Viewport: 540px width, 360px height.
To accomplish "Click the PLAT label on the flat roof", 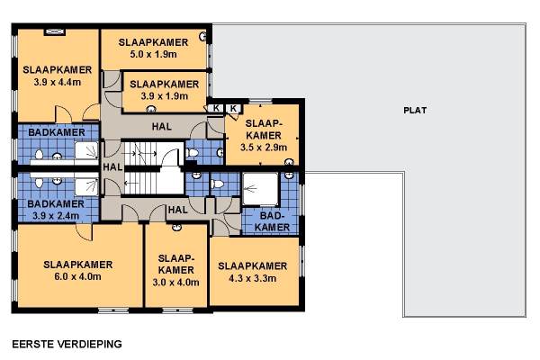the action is pyautogui.click(x=415, y=110).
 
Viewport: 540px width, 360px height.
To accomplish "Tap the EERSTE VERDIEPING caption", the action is pyautogui.click(x=67, y=344).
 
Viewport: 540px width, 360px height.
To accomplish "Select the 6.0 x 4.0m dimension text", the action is pyautogui.click(x=77, y=276).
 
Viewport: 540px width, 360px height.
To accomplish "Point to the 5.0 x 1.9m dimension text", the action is pyautogui.click(x=154, y=54).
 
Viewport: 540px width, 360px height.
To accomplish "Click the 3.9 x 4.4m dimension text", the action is pyautogui.click(x=58, y=82).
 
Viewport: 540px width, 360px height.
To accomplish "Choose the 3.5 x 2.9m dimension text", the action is pyautogui.click(x=264, y=148).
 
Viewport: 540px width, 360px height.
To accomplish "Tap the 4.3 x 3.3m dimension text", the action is pyautogui.click(x=252, y=278).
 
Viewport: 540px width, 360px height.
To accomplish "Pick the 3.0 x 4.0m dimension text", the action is pyautogui.click(x=176, y=282).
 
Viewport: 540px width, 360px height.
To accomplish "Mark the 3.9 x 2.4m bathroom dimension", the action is pyautogui.click(x=56, y=216).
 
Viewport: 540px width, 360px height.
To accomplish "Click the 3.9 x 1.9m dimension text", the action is pyautogui.click(x=165, y=96).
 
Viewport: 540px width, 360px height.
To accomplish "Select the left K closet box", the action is pyautogui.click(x=216, y=108).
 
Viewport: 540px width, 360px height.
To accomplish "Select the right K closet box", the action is pyautogui.click(x=233, y=108).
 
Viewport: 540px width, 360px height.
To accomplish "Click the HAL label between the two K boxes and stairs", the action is pyautogui.click(x=161, y=126).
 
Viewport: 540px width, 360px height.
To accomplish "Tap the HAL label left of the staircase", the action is pyautogui.click(x=112, y=167).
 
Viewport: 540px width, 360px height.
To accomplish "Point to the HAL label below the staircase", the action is pyautogui.click(x=177, y=210).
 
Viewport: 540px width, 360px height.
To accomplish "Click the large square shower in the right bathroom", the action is pyautogui.click(x=260, y=189).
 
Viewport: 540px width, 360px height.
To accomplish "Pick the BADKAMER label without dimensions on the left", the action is pyautogui.click(x=57, y=132).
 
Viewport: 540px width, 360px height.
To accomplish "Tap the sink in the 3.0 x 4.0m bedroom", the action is pyautogui.click(x=176, y=227).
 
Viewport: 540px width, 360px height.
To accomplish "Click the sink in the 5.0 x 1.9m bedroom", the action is pyautogui.click(x=202, y=36).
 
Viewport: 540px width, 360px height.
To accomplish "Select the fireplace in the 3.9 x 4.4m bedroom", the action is pyautogui.click(x=55, y=31).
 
